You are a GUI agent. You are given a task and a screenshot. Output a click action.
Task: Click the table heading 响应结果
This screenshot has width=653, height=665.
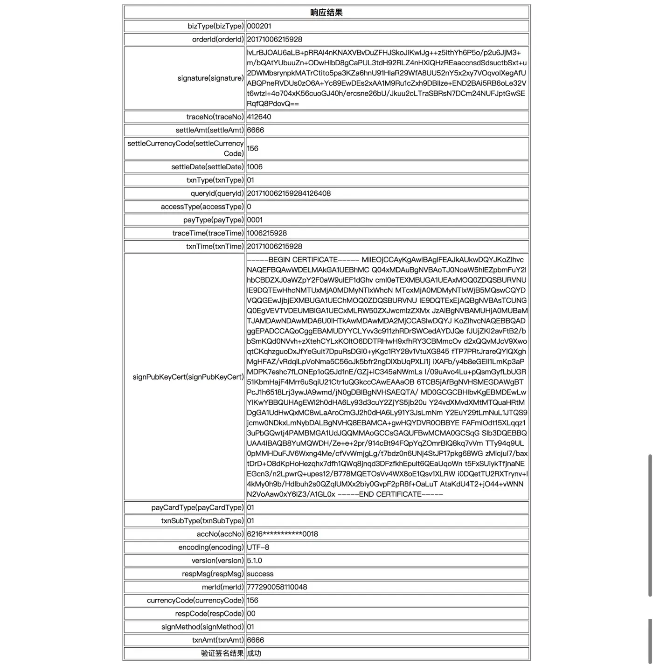pos(326,13)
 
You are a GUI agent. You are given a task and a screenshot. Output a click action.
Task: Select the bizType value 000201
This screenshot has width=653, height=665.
pos(259,26)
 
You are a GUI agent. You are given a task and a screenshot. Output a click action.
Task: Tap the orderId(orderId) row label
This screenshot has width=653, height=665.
pos(217,39)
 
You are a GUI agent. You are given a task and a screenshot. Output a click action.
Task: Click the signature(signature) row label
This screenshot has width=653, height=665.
pos(210,78)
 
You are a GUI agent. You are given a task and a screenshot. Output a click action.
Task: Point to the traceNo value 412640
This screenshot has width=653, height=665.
pos(259,117)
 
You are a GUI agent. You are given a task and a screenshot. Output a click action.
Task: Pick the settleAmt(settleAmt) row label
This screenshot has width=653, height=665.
pos(209,130)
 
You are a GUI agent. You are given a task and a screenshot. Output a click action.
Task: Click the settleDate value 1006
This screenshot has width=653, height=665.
pos(255,167)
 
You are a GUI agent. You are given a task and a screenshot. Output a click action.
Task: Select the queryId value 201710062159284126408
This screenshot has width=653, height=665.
pos(289,194)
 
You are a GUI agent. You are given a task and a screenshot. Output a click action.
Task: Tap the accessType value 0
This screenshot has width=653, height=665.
pos(249,207)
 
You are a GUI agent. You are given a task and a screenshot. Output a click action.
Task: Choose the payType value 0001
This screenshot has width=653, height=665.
pos(255,220)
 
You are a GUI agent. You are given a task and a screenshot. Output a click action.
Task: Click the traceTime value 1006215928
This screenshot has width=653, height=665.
pos(267,233)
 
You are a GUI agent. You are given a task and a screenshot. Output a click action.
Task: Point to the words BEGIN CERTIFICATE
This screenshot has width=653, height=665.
pos(303,260)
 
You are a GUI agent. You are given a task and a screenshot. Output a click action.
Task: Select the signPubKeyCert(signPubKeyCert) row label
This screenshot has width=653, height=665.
pos(188,377)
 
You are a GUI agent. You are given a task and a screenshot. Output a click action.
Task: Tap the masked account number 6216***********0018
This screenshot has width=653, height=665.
pos(282,534)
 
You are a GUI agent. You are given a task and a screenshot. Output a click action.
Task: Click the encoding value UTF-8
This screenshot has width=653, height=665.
pos(258,547)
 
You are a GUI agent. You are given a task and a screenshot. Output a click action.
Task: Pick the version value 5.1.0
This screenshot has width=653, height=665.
pos(255,561)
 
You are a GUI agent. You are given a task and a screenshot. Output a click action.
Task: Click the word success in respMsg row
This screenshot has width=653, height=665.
pos(260,574)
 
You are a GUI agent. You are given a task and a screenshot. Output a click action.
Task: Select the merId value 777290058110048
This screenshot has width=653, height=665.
pos(277,587)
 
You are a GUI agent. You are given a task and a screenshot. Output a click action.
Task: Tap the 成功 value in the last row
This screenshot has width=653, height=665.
pos(254,653)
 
